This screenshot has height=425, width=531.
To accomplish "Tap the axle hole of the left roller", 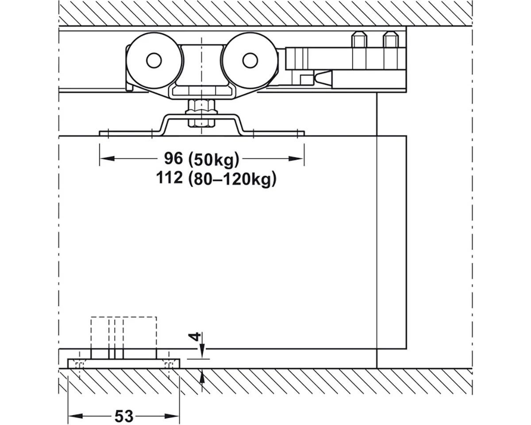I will pos(154,61).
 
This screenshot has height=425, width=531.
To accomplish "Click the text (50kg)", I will pos(213,158).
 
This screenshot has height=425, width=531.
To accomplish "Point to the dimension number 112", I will pos(169,178).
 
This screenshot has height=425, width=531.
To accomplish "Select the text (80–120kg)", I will pos(231,179).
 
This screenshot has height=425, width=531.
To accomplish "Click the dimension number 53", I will pos(124,416).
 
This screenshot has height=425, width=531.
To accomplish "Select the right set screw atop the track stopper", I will pos(390,39).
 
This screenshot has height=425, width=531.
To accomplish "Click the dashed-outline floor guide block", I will pos(123,332).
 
